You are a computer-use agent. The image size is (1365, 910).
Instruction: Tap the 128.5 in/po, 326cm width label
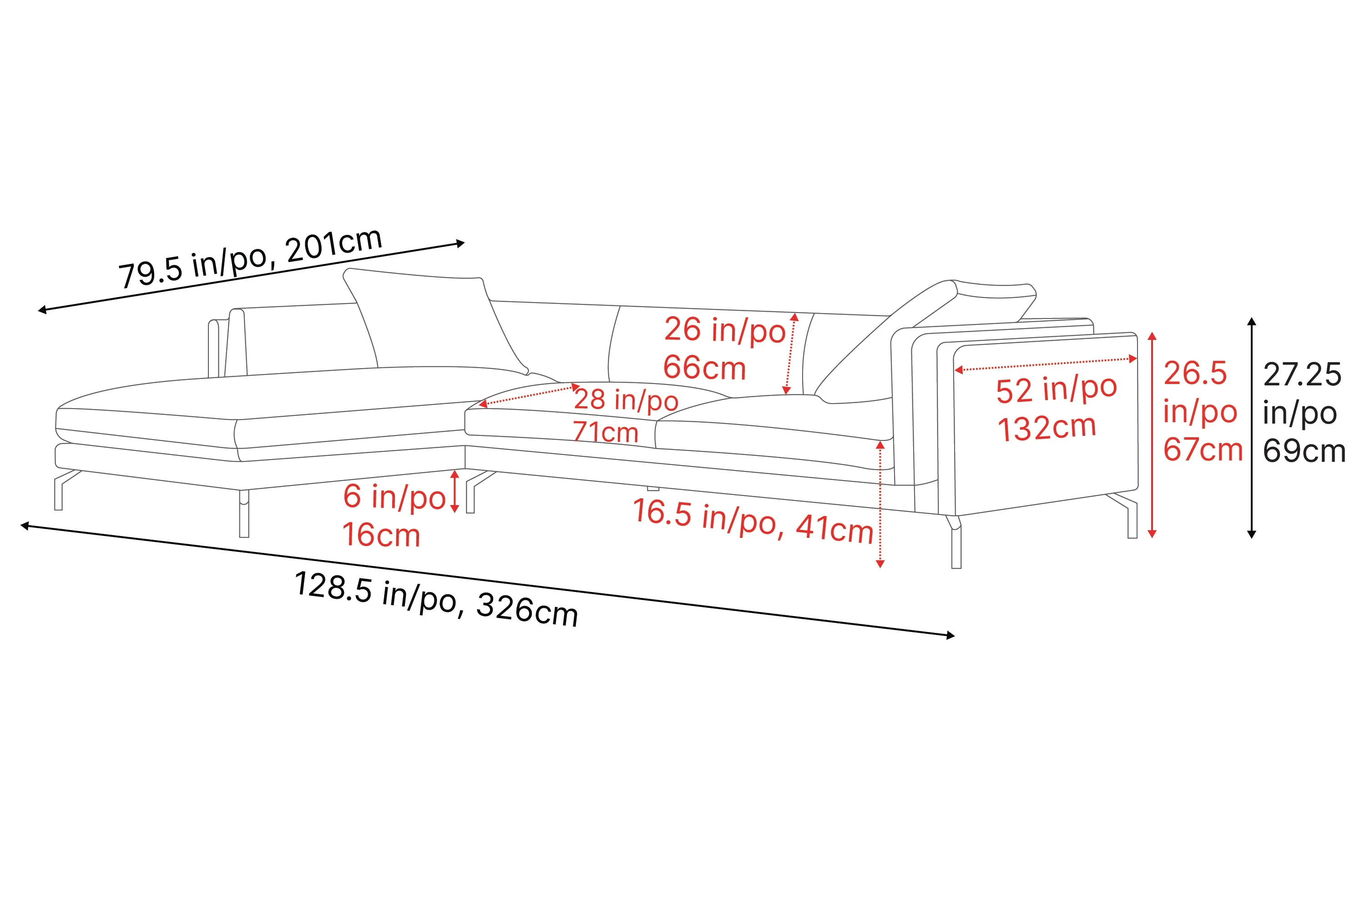coord(436,598)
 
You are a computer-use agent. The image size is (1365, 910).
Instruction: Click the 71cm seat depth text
coord(605,432)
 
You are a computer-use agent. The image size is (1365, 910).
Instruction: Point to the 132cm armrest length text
coord(1046,428)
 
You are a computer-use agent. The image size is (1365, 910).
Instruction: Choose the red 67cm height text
coord(1203,450)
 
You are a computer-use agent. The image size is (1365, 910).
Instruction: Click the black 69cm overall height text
coord(1304,451)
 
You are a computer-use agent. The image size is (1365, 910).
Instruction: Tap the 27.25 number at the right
coord(1302,374)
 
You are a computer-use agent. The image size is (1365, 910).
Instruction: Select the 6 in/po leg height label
coord(394,497)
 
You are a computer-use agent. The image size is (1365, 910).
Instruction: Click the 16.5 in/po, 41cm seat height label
coord(753,521)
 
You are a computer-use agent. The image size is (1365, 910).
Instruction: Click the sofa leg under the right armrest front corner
coord(956,546)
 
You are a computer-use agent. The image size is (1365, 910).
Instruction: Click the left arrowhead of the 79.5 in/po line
coord(42,310)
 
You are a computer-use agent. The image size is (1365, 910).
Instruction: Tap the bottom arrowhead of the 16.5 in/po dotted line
coord(880,564)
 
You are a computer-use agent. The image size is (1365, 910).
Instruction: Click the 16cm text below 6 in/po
coord(381,535)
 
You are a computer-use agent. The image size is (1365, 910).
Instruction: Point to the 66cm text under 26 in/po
coord(704,368)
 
